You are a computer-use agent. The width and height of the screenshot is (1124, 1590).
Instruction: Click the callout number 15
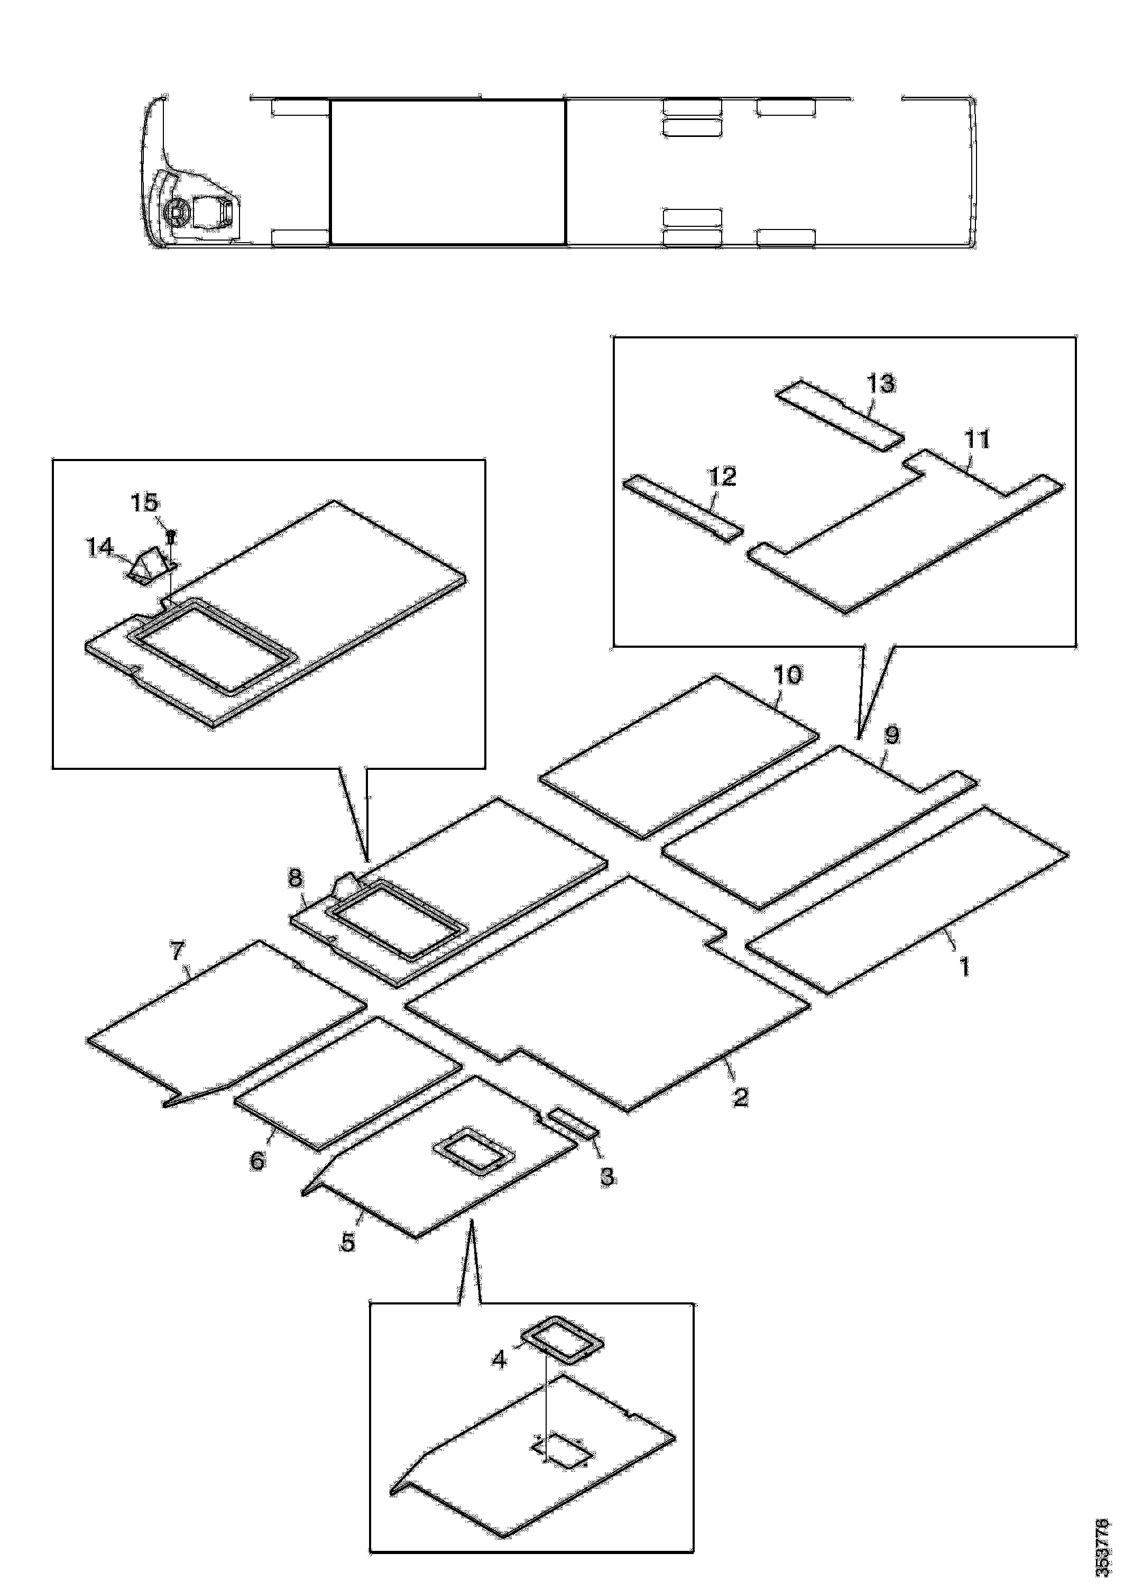click(145, 503)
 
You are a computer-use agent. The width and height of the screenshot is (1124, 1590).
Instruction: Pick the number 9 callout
click(892, 735)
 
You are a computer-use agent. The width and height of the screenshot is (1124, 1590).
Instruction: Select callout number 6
click(257, 1160)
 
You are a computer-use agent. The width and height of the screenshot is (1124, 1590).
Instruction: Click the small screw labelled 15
click(170, 535)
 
